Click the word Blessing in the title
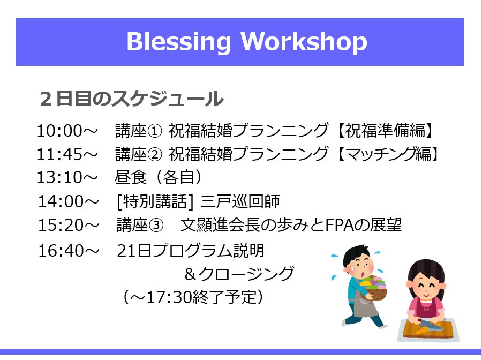coord(178,42)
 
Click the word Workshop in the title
coord(304,41)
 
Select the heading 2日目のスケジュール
coord(132,99)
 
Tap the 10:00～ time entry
coord(67,131)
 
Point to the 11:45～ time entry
coord(67,154)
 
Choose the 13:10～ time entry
coord(67,177)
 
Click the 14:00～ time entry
coord(68,201)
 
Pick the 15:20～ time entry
coord(68,225)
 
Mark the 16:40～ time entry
coord(68,251)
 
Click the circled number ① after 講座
coord(155,131)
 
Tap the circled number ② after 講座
coord(155,154)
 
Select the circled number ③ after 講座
coord(156,226)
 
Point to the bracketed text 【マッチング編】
coord(388,154)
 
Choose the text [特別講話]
coord(155,201)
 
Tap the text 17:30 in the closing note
coord(168,297)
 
